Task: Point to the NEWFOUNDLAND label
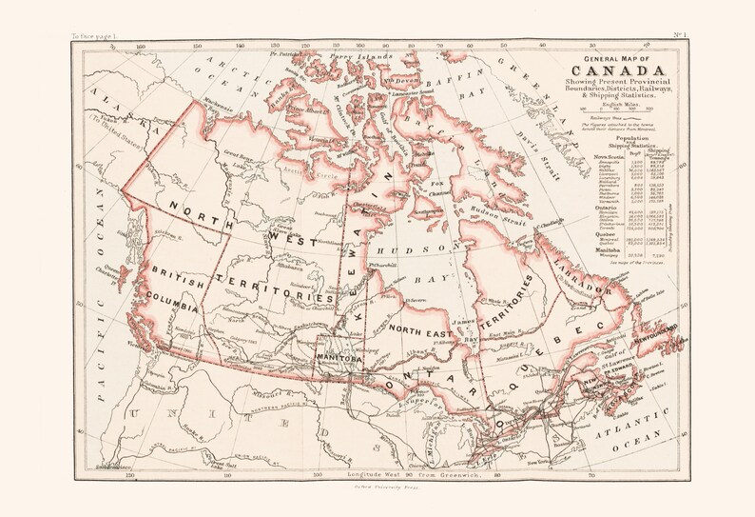pos(654,330)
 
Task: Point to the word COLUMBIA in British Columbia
pos(171,309)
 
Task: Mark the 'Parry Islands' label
pos(332,55)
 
